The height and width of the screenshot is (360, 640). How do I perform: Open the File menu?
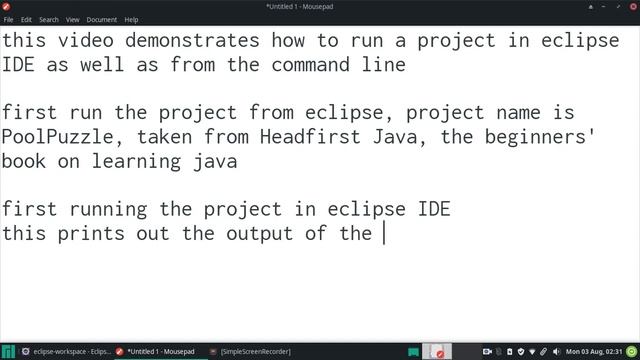8,19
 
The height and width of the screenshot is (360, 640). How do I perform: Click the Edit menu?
26,19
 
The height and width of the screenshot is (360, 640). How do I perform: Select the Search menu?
49,19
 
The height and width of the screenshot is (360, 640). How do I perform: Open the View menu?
73,19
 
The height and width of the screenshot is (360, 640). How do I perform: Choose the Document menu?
102,19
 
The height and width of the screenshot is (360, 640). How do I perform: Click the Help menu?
132,19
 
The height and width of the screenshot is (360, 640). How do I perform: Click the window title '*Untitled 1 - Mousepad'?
319,6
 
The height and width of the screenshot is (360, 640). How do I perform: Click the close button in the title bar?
630,6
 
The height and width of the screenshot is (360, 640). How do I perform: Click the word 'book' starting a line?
25,161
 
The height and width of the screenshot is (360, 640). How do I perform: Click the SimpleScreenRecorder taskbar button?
256,351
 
